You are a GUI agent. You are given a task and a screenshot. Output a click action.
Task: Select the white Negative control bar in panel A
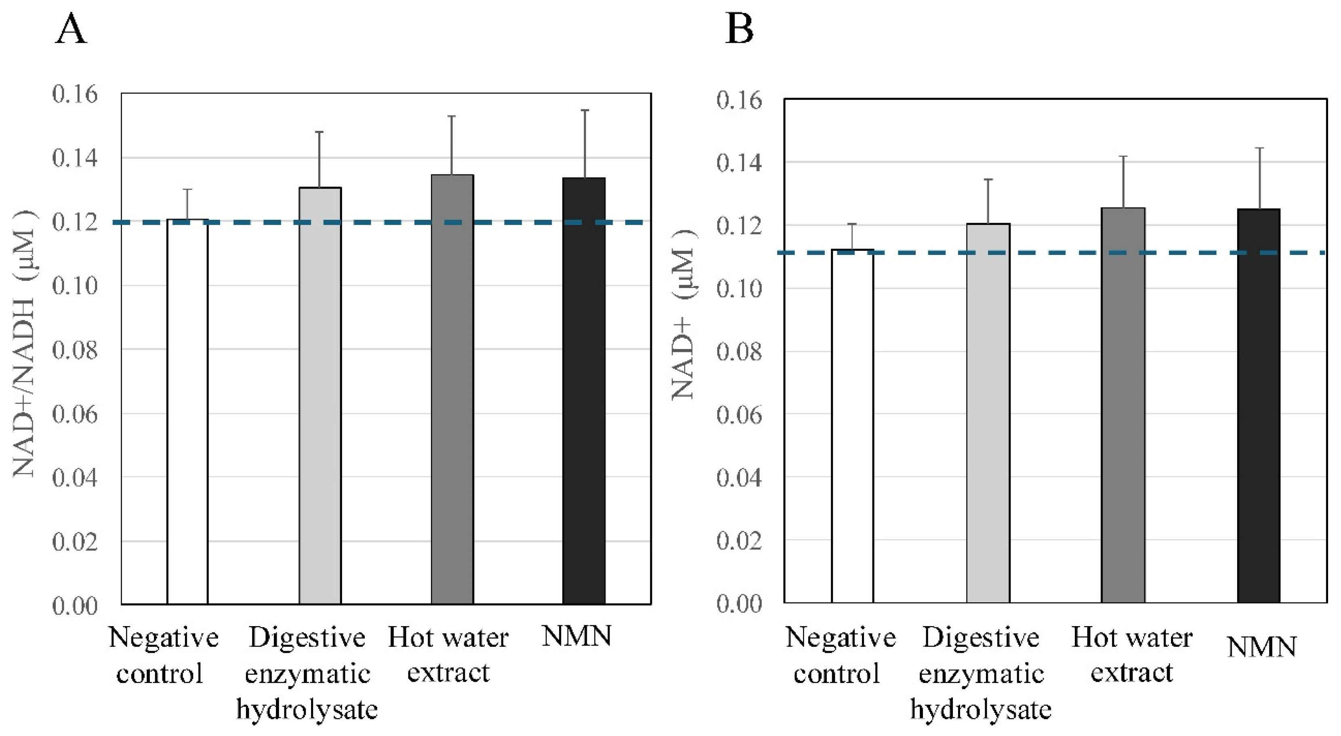[187, 411]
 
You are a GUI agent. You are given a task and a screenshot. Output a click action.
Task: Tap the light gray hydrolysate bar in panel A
[319, 395]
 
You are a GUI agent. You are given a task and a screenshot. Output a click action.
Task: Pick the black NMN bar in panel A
[584, 390]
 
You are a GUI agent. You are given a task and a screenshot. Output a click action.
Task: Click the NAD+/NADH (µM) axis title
[24, 343]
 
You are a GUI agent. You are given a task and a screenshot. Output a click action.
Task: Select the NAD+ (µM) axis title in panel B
[683, 315]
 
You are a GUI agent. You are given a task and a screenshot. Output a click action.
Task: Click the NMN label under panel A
[576, 636]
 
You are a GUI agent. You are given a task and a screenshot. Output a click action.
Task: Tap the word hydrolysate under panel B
[981, 709]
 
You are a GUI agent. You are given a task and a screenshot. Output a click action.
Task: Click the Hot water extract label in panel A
[448, 654]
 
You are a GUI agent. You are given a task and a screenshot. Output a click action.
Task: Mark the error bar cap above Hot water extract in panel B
[1123, 157]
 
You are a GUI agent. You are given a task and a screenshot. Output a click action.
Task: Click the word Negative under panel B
[840, 637]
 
